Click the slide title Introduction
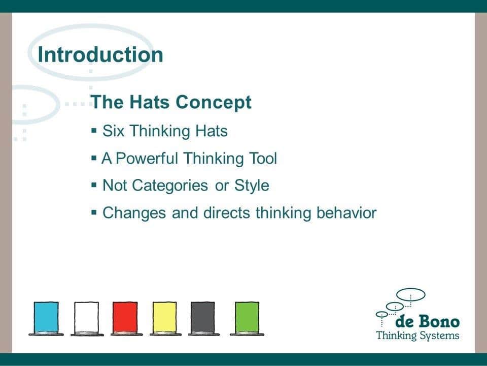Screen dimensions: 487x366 coord(100,55)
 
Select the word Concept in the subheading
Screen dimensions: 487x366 coord(214,102)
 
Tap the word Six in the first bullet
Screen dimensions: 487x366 coord(113,131)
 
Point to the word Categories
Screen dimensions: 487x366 coord(170,186)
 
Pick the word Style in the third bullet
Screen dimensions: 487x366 coord(252,186)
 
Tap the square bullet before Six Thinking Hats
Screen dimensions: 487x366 coord(94,130)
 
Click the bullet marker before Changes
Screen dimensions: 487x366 coord(94,212)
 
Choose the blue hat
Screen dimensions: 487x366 coord(46,319)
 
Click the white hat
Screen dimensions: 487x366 coord(87,319)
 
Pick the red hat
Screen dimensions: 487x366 coord(125,319)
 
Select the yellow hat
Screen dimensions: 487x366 coord(165,319)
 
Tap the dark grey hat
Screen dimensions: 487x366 coord(203,319)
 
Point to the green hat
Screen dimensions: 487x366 coord(247,319)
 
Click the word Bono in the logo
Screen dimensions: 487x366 coord(439,321)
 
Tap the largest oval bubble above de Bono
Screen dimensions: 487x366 coord(411,294)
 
